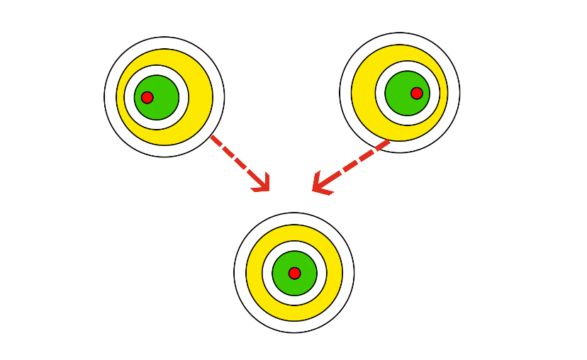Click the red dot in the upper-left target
point(147,97)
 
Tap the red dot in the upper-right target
point(416,93)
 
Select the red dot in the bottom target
point(294,273)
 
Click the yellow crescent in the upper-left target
point(200,97)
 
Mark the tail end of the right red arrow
point(387,142)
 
